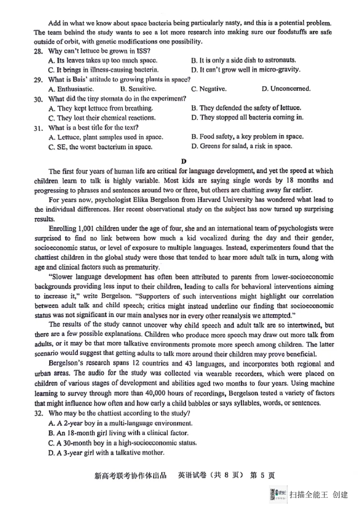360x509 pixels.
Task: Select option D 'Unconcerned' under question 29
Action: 286,89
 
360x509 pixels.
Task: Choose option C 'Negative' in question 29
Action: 209,89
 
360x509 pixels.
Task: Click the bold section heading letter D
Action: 183,161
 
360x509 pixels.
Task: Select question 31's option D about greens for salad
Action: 241,147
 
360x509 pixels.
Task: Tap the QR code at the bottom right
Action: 273,494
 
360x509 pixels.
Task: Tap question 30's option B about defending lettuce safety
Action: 246,108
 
